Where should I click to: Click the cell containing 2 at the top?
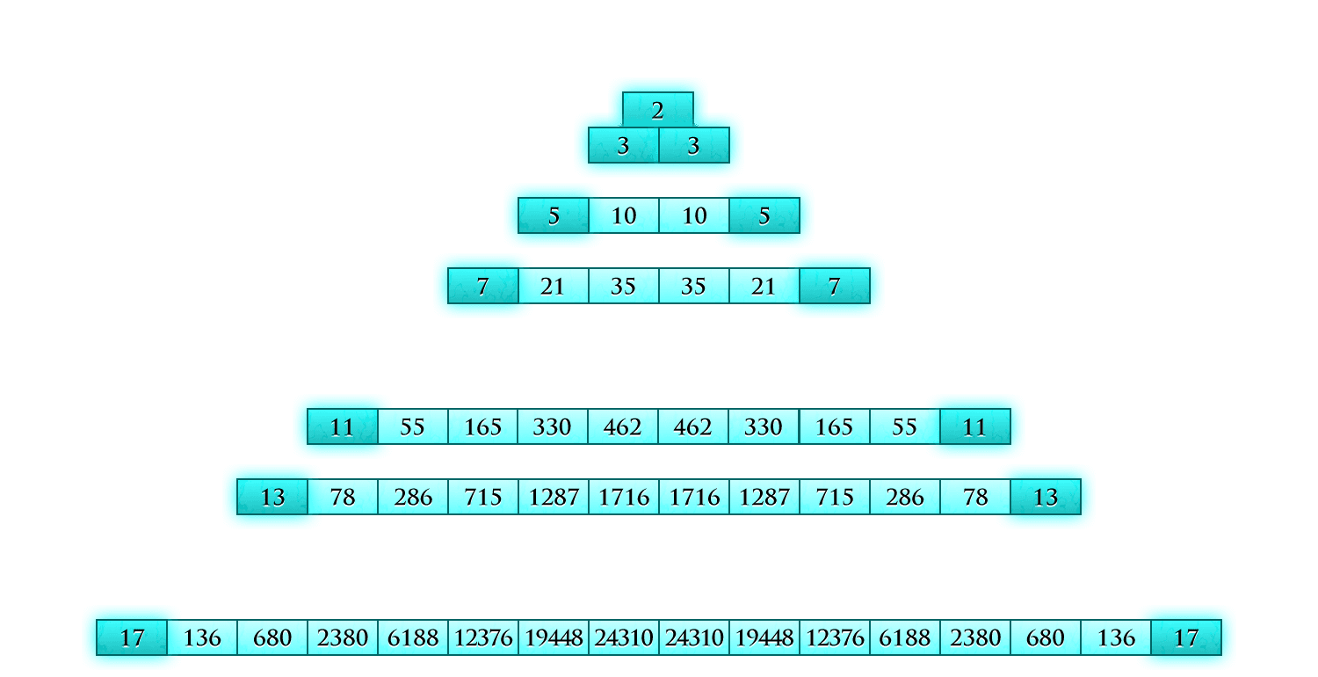coord(658,111)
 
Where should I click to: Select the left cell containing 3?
coord(623,145)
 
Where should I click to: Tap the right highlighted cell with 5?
coord(764,215)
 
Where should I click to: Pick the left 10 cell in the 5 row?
coord(623,215)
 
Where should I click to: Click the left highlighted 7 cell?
coord(482,286)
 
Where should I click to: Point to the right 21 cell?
coord(764,286)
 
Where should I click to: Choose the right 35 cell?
coord(693,286)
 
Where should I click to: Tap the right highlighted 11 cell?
coord(974,426)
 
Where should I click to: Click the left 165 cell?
coord(482,426)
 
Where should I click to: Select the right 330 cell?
coord(764,426)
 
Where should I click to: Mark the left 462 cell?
coord(623,426)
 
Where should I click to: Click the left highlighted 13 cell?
coord(272,497)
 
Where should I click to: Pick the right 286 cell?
coord(904,497)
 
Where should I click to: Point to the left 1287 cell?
coord(553,497)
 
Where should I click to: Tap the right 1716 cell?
coord(693,497)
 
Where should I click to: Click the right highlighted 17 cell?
coord(1185,637)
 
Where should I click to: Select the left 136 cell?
coord(202,637)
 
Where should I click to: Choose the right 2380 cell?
coord(974,637)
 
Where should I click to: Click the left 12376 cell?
coord(482,637)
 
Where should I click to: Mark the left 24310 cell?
coord(623,637)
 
